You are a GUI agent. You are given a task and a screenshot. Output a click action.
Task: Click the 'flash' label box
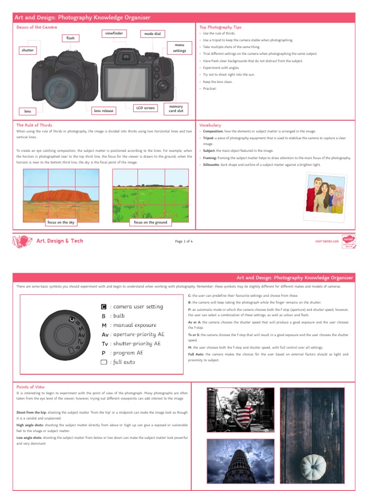tap(70, 37)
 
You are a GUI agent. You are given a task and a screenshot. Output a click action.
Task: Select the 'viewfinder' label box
tap(114, 34)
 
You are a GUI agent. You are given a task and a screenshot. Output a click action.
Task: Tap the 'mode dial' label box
tap(151, 34)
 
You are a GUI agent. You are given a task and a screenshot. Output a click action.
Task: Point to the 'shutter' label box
tap(28, 50)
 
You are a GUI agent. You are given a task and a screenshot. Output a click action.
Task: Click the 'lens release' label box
tap(104, 111)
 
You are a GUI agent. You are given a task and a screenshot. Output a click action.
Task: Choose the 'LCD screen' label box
tap(146, 108)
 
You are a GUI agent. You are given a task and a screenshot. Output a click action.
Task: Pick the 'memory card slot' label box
tap(173, 109)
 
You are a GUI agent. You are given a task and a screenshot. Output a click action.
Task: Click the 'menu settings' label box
tap(179, 47)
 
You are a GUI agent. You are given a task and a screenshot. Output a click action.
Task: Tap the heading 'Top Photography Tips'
tap(216, 27)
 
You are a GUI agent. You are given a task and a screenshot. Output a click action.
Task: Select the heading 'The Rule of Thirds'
tap(34, 125)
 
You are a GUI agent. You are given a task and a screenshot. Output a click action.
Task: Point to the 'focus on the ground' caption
tap(150, 222)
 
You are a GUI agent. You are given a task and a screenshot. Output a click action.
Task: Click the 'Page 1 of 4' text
tap(184, 241)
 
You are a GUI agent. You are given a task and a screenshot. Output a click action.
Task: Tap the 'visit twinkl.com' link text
tap(327, 241)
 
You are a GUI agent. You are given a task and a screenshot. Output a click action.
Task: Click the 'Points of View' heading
tap(31, 386)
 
